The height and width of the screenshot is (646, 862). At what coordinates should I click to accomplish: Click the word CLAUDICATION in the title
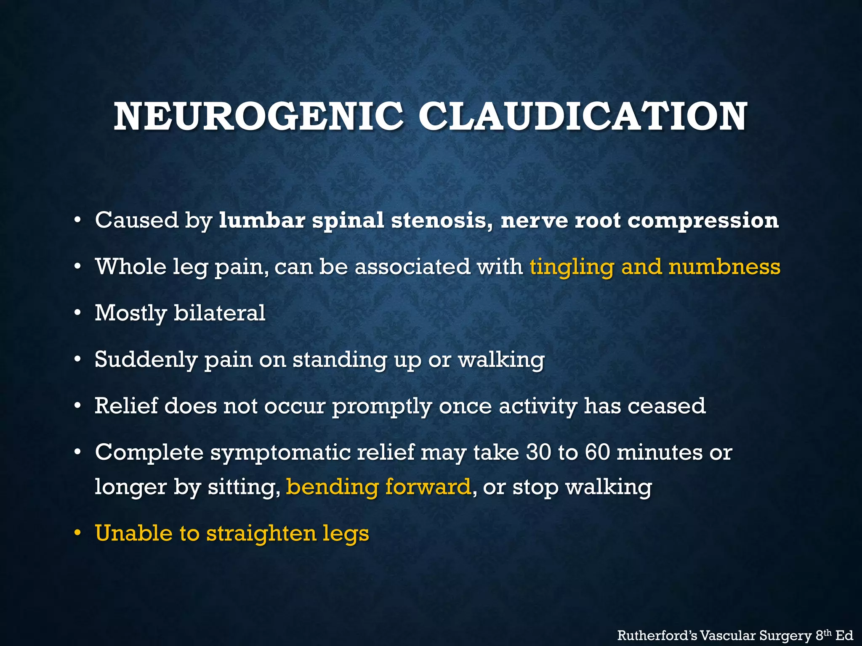pos(583,116)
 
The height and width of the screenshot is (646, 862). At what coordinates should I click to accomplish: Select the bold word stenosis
pos(442,220)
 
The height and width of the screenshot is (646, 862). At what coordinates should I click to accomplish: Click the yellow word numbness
pos(724,267)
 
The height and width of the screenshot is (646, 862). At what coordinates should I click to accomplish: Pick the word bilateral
pos(219,313)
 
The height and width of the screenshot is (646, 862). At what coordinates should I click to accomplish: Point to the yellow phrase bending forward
pos(378,487)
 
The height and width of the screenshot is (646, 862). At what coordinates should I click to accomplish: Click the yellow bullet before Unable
pos(77,533)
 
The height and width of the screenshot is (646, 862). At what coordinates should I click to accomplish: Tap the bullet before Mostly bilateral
pos(77,313)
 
